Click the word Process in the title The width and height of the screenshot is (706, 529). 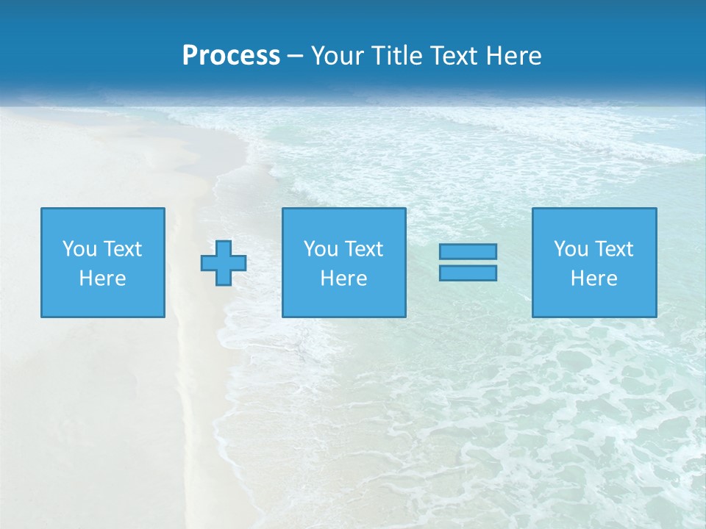[x=231, y=56]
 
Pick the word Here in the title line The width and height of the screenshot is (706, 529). [x=514, y=56]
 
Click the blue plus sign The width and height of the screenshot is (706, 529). [x=224, y=262]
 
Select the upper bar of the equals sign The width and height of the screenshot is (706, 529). [x=468, y=251]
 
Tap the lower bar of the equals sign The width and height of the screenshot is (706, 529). [x=468, y=273]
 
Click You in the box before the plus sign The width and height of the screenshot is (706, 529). [x=79, y=249]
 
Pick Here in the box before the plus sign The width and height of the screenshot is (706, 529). [x=102, y=278]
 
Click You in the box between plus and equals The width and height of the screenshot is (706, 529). [x=321, y=249]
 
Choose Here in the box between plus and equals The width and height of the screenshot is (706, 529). [x=343, y=278]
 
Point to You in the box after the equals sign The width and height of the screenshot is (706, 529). [x=571, y=249]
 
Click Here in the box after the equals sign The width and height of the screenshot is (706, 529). [x=593, y=278]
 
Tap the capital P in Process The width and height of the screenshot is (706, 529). [x=190, y=56]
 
